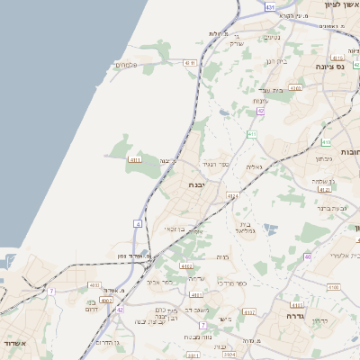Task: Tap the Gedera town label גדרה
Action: tap(296, 317)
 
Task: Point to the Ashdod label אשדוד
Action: tap(16, 345)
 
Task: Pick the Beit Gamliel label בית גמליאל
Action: tap(246, 228)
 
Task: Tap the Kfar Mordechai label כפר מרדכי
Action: tap(232, 283)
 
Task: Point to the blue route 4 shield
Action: tap(138, 222)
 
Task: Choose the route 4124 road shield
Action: tap(233, 196)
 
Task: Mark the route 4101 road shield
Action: tap(195, 294)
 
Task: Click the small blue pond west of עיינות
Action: tap(223, 113)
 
